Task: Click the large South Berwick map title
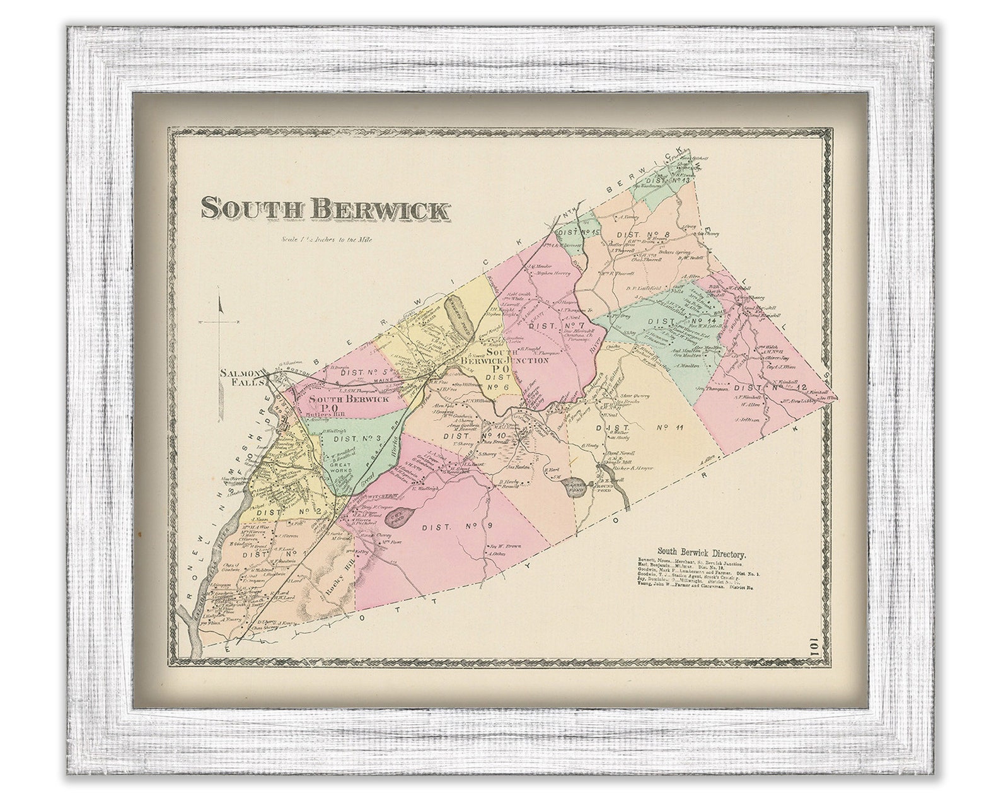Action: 326,209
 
